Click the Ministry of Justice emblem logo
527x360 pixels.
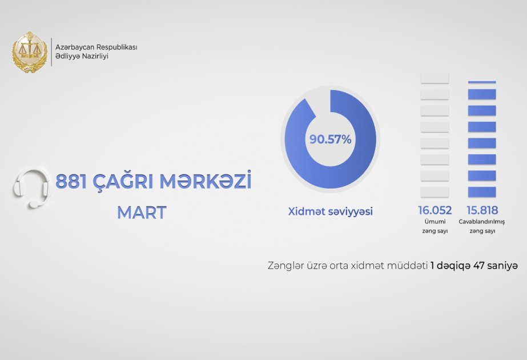[x=30, y=53]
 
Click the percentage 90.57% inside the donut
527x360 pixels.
[x=330, y=139]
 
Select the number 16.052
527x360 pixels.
[x=435, y=211]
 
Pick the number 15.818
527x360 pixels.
[x=482, y=211]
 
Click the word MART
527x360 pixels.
[x=142, y=213]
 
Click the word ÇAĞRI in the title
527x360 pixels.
[x=119, y=182]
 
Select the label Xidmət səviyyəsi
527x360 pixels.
[x=330, y=211]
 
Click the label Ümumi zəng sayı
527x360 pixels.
[x=435, y=226]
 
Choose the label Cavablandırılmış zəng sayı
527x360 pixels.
[x=482, y=226]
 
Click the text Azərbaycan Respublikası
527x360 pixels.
[x=96, y=47]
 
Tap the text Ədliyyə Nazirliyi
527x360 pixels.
[x=82, y=57]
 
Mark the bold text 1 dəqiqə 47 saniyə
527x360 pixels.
[x=474, y=266]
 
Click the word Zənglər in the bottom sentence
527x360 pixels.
[x=284, y=266]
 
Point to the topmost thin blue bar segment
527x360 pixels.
[x=482, y=82]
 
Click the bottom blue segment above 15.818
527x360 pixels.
[x=482, y=191]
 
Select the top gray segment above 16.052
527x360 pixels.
[x=435, y=78]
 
